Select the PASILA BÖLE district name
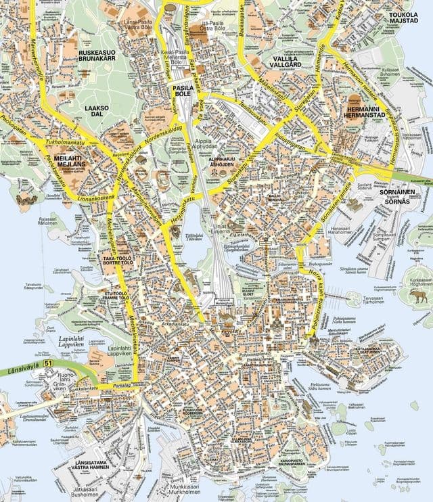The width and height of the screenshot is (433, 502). coord(181,92)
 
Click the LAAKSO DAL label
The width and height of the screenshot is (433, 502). coord(97,111)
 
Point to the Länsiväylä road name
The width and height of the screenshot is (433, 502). coord(20,370)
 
